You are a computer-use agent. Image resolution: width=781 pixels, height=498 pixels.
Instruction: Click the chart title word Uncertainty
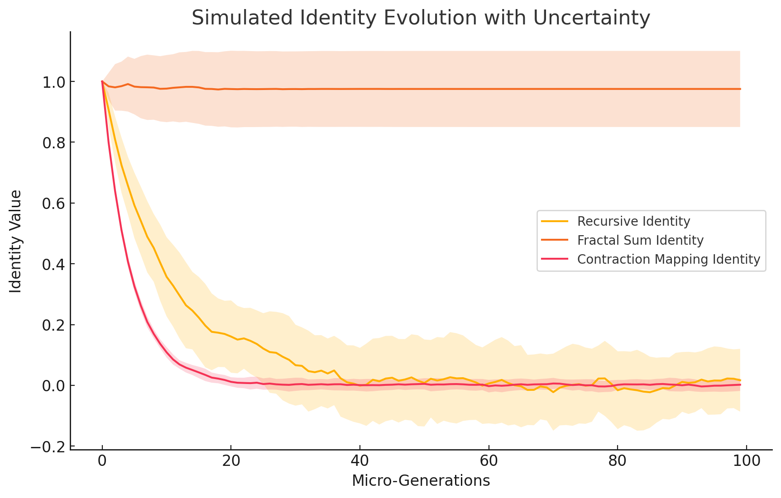[591, 19]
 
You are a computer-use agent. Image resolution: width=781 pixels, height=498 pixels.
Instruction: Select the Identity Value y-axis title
[16, 242]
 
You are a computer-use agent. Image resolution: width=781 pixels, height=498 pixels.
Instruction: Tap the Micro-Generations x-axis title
[421, 480]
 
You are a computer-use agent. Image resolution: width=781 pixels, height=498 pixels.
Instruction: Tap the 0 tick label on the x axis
[102, 462]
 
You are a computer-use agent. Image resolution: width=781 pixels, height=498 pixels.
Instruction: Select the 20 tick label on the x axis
[231, 462]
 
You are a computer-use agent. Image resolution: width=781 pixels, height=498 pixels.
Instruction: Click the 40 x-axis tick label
[359, 462]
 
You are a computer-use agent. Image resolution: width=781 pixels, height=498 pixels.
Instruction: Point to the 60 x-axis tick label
[489, 462]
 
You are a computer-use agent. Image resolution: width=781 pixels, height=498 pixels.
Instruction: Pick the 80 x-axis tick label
[617, 462]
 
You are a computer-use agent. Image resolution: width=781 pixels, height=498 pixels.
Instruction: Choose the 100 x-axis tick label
[746, 462]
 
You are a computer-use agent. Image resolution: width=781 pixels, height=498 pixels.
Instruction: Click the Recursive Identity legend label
[633, 222]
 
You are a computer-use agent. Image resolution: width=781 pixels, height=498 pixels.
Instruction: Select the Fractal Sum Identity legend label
[640, 241]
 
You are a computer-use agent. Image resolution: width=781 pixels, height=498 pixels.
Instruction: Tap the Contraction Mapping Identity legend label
[668, 260]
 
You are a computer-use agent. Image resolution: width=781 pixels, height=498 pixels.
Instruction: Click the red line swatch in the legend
[555, 259]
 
